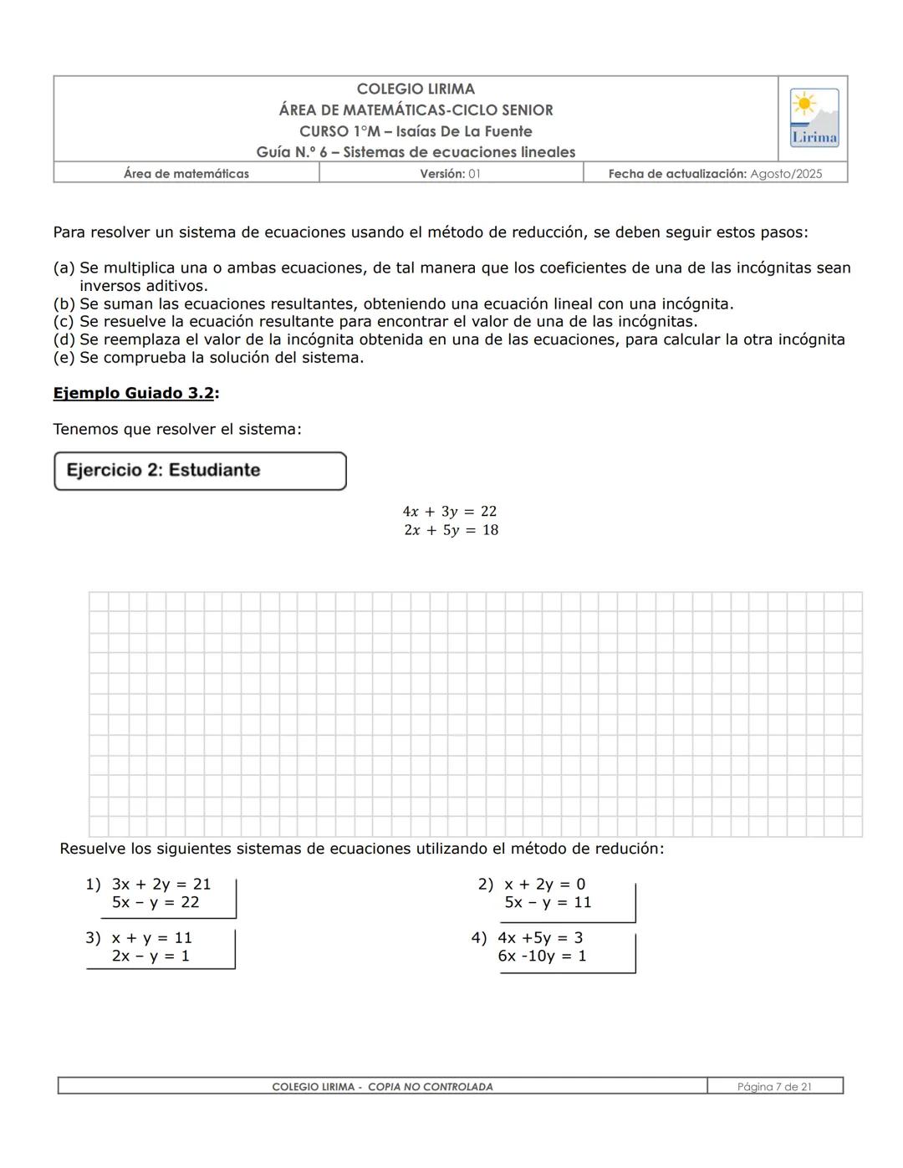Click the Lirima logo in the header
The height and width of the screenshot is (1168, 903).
[814, 118]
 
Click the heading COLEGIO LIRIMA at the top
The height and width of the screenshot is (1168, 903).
[416, 89]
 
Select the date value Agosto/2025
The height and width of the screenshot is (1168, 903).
[786, 174]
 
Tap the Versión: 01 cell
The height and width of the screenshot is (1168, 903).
[450, 174]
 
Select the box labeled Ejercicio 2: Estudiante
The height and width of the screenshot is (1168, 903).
[200, 471]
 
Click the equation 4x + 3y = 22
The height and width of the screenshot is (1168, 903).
[449, 511]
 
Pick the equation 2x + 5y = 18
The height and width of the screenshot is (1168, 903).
[451, 530]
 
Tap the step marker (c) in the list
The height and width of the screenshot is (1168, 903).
[64, 322]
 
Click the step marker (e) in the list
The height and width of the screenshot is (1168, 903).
[64, 358]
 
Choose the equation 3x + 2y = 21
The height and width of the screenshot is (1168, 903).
[161, 884]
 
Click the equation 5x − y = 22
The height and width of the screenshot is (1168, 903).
[156, 902]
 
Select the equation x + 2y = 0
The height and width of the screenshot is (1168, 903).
[544, 884]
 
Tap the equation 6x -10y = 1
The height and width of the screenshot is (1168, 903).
[542, 956]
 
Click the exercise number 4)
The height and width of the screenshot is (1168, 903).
[478, 937]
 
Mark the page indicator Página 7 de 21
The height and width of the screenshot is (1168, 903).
[774, 1087]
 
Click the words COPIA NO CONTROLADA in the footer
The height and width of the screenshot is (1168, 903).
[430, 1087]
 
